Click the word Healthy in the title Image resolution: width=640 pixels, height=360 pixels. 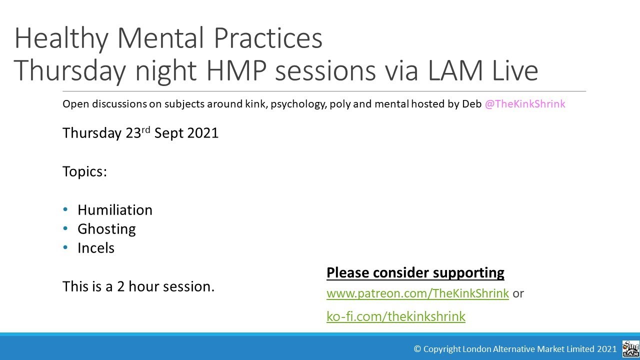pos(60,38)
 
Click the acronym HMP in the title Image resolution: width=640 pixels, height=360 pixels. pos(236,70)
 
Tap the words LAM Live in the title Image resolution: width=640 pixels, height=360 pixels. pos(482,70)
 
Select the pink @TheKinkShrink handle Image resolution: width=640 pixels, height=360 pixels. pos(524,104)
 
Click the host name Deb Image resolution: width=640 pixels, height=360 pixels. pos(471,104)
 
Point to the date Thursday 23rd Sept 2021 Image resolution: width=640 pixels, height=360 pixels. pos(140,133)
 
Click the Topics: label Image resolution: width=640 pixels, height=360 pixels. pos(84,171)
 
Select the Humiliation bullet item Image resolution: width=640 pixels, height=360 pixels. pos(114,210)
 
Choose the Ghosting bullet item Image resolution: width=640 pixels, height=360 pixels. pos(106,229)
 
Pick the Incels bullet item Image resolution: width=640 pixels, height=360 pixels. pos(95,248)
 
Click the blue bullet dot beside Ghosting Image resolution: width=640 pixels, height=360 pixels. pos(65,228)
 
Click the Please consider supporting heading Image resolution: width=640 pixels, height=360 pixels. pos(415,273)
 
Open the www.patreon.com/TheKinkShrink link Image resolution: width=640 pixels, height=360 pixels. pos(417,293)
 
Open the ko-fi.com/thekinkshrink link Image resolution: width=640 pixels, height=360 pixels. pos(395,316)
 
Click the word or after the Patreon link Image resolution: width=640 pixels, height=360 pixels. pos(518,293)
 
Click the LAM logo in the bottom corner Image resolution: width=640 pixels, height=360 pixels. pos(630,348)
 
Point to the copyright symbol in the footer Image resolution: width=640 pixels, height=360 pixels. pos(417,349)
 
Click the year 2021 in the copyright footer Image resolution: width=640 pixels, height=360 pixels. pos(606,349)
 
